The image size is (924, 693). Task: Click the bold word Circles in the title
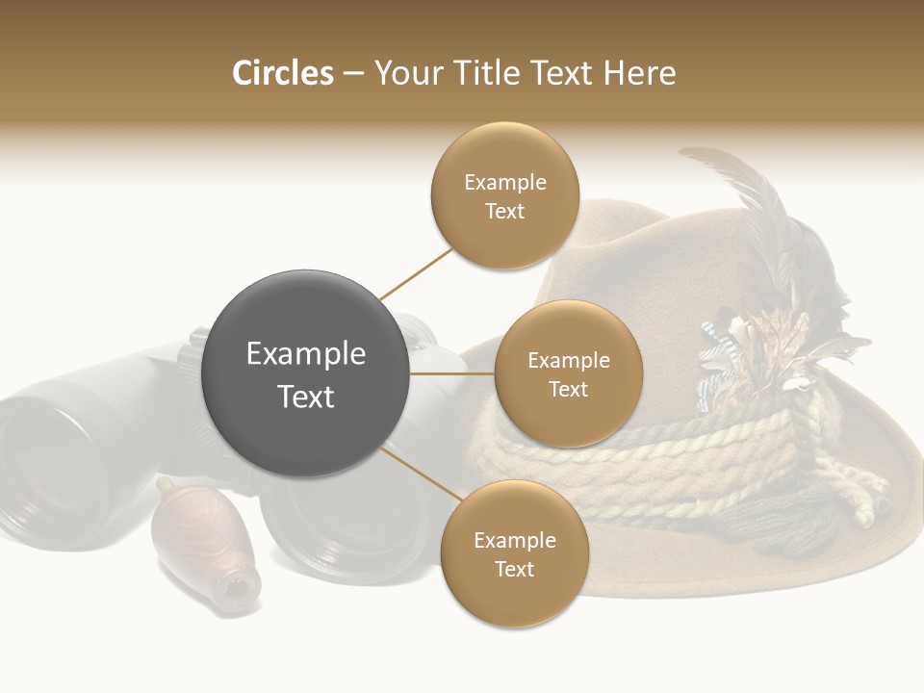point(282,73)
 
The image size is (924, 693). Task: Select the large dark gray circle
point(306,373)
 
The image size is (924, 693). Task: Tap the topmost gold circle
point(504,196)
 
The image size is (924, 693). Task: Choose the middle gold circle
point(568,373)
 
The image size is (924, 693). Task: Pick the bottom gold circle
point(514,554)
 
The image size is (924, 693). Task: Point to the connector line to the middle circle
point(452,373)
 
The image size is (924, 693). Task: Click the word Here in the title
point(639,73)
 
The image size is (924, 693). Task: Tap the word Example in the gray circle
point(306,354)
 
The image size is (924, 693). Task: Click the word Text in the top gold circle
point(504,211)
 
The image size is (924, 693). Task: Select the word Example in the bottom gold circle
point(514,540)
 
